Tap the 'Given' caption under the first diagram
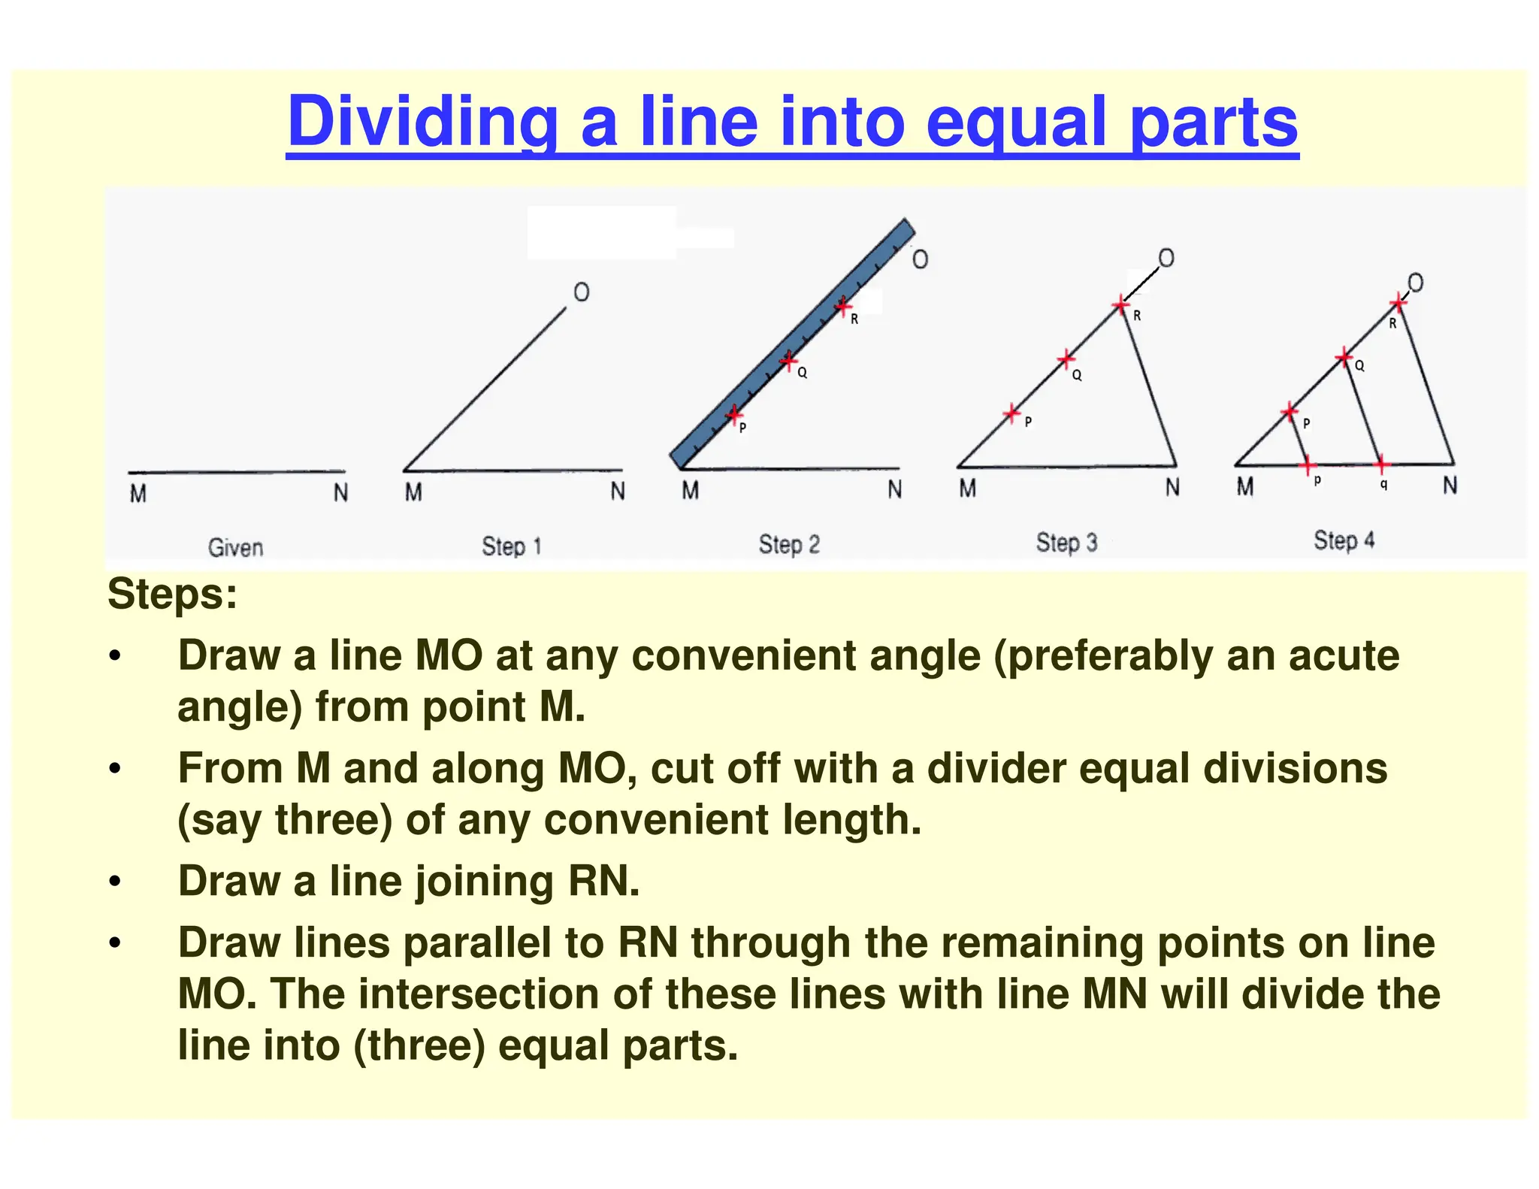(235, 547)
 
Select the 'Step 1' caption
(511, 546)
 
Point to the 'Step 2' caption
(789, 544)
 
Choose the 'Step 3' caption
(1066, 543)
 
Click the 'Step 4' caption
(1344, 540)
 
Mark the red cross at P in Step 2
(734, 414)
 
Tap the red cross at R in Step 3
(1120, 305)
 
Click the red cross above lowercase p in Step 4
(1308, 465)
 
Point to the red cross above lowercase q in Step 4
(1381, 464)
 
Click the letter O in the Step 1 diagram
(582, 292)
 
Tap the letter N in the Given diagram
(340, 493)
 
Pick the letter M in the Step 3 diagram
(967, 489)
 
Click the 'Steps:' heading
(172, 594)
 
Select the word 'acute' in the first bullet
(1344, 655)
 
